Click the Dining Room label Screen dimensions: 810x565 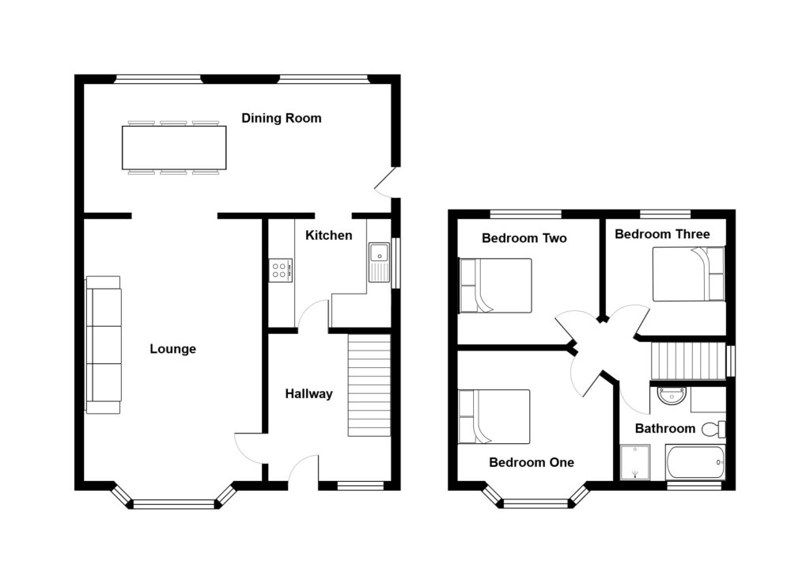pyautogui.click(x=282, y=119)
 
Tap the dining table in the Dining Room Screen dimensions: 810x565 pyautogui.click(x=174, y=148)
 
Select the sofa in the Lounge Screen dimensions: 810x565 pyautogui.click(x=104, y=345)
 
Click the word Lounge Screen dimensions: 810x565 pyautogui.click(x=173, y=349)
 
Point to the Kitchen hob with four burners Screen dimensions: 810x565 pyautogui.click(x=281, y=271)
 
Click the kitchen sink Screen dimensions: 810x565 pyautogui.click(x=379, y=262)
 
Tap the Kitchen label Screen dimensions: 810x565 pyautogui.click(x=328, y=236)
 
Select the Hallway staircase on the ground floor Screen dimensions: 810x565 pyautogui.click(x=369, y=385)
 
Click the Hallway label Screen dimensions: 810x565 pyautogui.click(x=309, y=394)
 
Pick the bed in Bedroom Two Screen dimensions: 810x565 pyautogui.click(x=495, y=286)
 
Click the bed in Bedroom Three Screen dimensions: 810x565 pyautogui.click(x=689, y=274)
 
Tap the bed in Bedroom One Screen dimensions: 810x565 pyautogui.click(x=494, y=417)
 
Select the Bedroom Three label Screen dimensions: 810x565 pyautogui.click(x=662, y=234)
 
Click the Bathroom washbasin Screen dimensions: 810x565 pyautogui.click(x=672, y=396)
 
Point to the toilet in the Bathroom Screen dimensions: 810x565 pyautogui.click(x=714, y=429)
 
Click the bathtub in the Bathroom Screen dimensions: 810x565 pyautogui.click(x=695, y=462)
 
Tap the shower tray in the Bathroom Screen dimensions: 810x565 pyautogui.click(x=635, y=462)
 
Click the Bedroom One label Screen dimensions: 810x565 pyautogui.click(x=532, y=463)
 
